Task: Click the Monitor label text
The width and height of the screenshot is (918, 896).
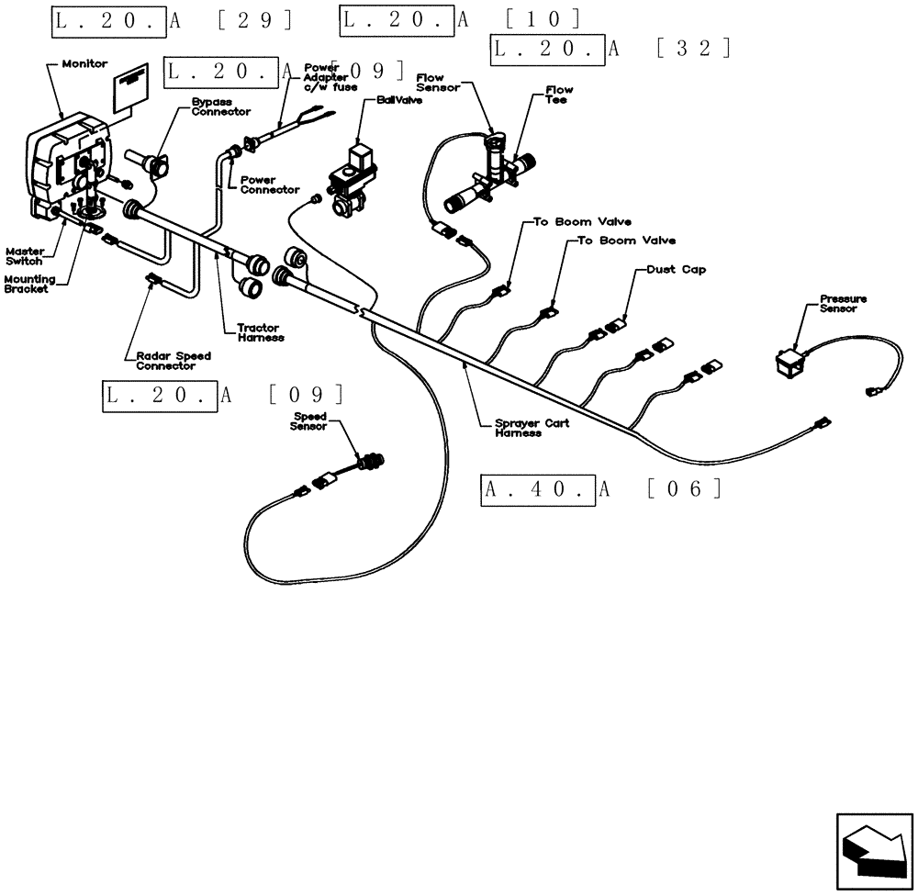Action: point(84,64)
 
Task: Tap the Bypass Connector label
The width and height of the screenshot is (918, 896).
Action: point(220,106)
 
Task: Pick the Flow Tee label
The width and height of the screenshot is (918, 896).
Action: point(558,95)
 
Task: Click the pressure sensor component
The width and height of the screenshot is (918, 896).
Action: point(788,362)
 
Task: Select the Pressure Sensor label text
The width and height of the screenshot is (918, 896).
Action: point(843,304)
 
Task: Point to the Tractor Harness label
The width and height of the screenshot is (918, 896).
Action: point(261,332)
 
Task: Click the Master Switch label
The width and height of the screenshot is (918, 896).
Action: point(24,255)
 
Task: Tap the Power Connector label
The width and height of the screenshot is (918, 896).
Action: point(269,185)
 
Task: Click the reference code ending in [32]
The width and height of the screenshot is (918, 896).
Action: point(611,49)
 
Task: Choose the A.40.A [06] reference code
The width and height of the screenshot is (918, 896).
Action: point(602,489)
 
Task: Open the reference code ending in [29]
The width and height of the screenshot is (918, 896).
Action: point(174,19)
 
